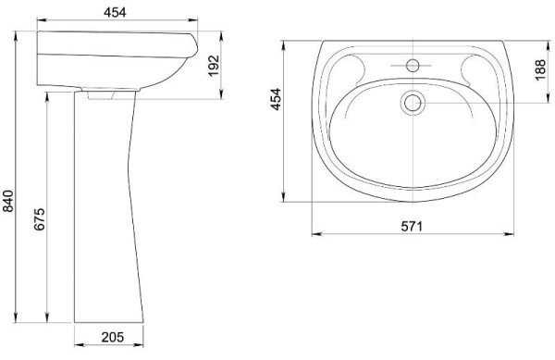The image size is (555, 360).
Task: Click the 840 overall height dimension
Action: (7, 201)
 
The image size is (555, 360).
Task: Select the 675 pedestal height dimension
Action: (39, 219)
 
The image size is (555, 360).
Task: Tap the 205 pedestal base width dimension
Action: (113, 338)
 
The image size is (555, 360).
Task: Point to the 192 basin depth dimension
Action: (214, 66)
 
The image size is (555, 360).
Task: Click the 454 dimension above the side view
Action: (115, 12)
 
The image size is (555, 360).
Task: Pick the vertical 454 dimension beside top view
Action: (276, 99)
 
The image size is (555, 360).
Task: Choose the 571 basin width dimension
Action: (412, 226)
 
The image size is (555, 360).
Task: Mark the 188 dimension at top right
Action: (540, 70)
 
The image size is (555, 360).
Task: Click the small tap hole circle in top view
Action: (413, 66)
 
